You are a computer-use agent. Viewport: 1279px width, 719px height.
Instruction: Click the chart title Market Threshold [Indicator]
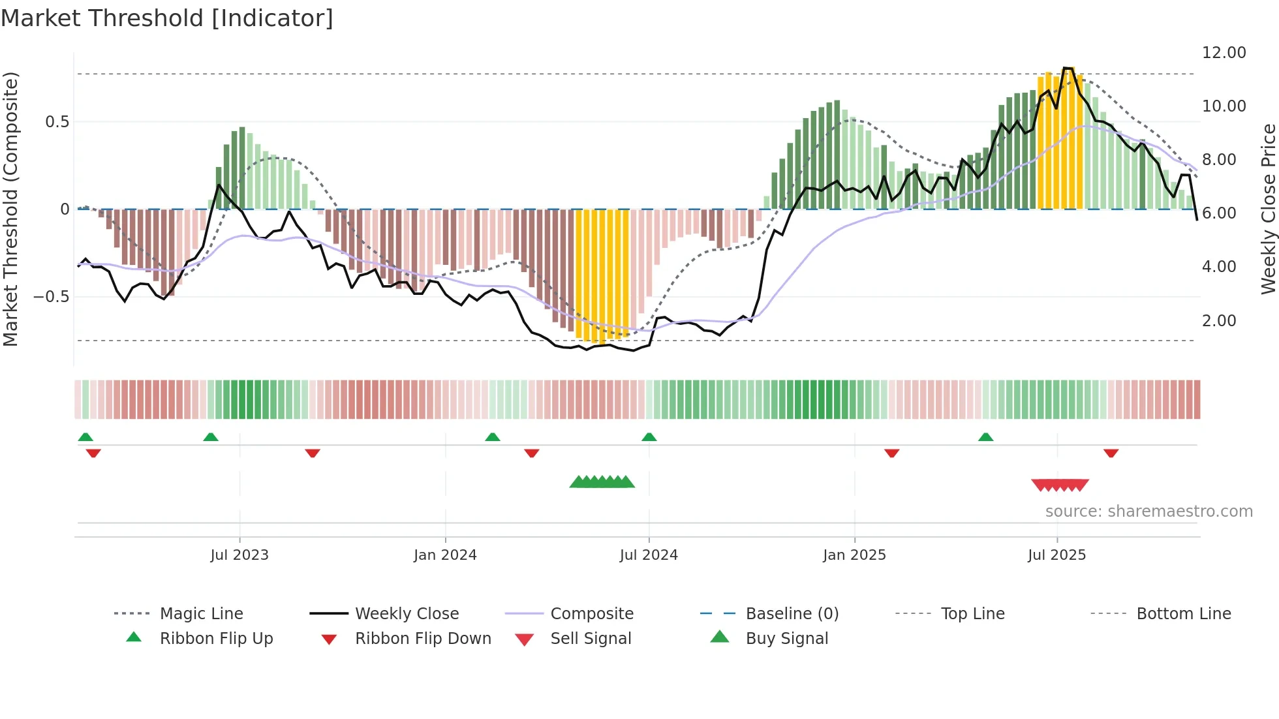pos(167,18)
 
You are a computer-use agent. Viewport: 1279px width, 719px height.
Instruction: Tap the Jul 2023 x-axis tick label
pos(239,555)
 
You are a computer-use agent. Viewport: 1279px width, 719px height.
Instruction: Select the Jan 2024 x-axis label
pos(445,555)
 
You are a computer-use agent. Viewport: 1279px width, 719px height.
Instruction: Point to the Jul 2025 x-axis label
pos(1056,555)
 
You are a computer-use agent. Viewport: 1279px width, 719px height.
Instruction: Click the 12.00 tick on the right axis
pos(1224,53)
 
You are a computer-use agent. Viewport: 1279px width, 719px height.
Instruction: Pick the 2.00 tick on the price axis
pos(1218,320)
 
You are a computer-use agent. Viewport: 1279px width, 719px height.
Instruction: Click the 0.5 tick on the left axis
pos(57,122)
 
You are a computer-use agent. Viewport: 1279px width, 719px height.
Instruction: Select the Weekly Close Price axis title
pos(1268,209)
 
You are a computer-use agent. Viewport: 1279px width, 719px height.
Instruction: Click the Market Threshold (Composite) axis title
pos(10,209)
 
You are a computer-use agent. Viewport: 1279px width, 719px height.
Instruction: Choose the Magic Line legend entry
pos(201,613)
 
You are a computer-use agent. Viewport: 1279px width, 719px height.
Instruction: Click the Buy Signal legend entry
pos(786,638)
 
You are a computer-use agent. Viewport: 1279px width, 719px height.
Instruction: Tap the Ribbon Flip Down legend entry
pos(422,638)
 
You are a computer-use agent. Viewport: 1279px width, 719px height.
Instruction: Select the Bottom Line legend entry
pos(1183,613)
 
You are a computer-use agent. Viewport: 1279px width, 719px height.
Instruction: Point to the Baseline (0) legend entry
pos(792,613)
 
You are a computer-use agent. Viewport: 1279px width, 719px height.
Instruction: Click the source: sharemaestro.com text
pos(1148,511)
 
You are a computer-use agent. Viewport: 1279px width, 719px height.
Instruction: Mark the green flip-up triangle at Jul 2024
pos(649,437)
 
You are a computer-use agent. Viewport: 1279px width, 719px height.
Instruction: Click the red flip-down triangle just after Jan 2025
pos(891,453)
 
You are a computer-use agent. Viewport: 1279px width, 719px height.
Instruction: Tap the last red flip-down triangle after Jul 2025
pos(1111,453)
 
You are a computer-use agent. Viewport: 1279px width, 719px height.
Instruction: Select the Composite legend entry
pos(591,613)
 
